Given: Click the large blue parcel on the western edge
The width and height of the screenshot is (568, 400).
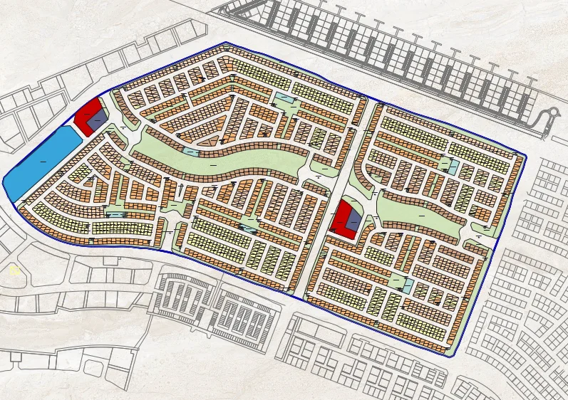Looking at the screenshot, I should (x=39, y=162).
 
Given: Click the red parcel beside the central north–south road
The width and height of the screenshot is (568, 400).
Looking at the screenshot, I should (x=344, y=219).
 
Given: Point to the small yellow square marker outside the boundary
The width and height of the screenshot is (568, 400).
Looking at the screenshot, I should (x=13, y=270).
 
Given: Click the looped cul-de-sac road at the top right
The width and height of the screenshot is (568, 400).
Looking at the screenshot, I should (x=549, y=117).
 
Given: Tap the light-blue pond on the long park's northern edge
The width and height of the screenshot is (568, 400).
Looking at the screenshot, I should (x=191, y=151).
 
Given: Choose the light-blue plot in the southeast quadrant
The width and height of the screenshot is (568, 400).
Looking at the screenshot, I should (x=407, y=286).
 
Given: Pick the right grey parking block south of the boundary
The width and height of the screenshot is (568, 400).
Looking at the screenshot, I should (x=242, y=313).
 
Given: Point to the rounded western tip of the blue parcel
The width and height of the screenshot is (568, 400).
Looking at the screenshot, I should (x=6, y=184).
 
